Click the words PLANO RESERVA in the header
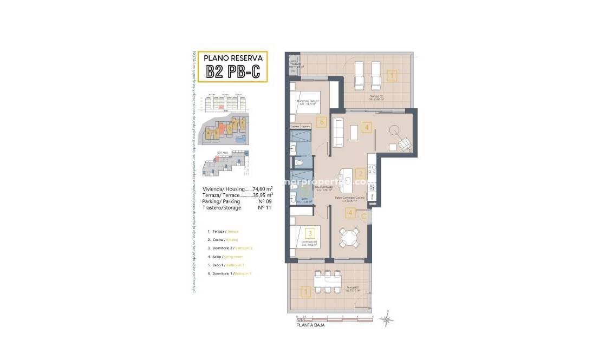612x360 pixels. [x=233, y=57]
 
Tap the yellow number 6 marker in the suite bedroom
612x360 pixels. [x=322, y=122]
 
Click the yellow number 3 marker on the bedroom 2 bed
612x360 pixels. [x=309, y=233]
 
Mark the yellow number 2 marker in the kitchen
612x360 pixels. [x=360, y=174]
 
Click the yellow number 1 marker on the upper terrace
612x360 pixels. [x=392, y=76]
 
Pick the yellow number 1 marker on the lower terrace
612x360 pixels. [x=306, y=292]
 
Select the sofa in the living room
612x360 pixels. [x=337, y=132]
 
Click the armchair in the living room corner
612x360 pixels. [x=404, y=143]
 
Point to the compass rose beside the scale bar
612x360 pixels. [x=387, y=319]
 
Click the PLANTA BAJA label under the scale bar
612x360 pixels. [x=310, y=325]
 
